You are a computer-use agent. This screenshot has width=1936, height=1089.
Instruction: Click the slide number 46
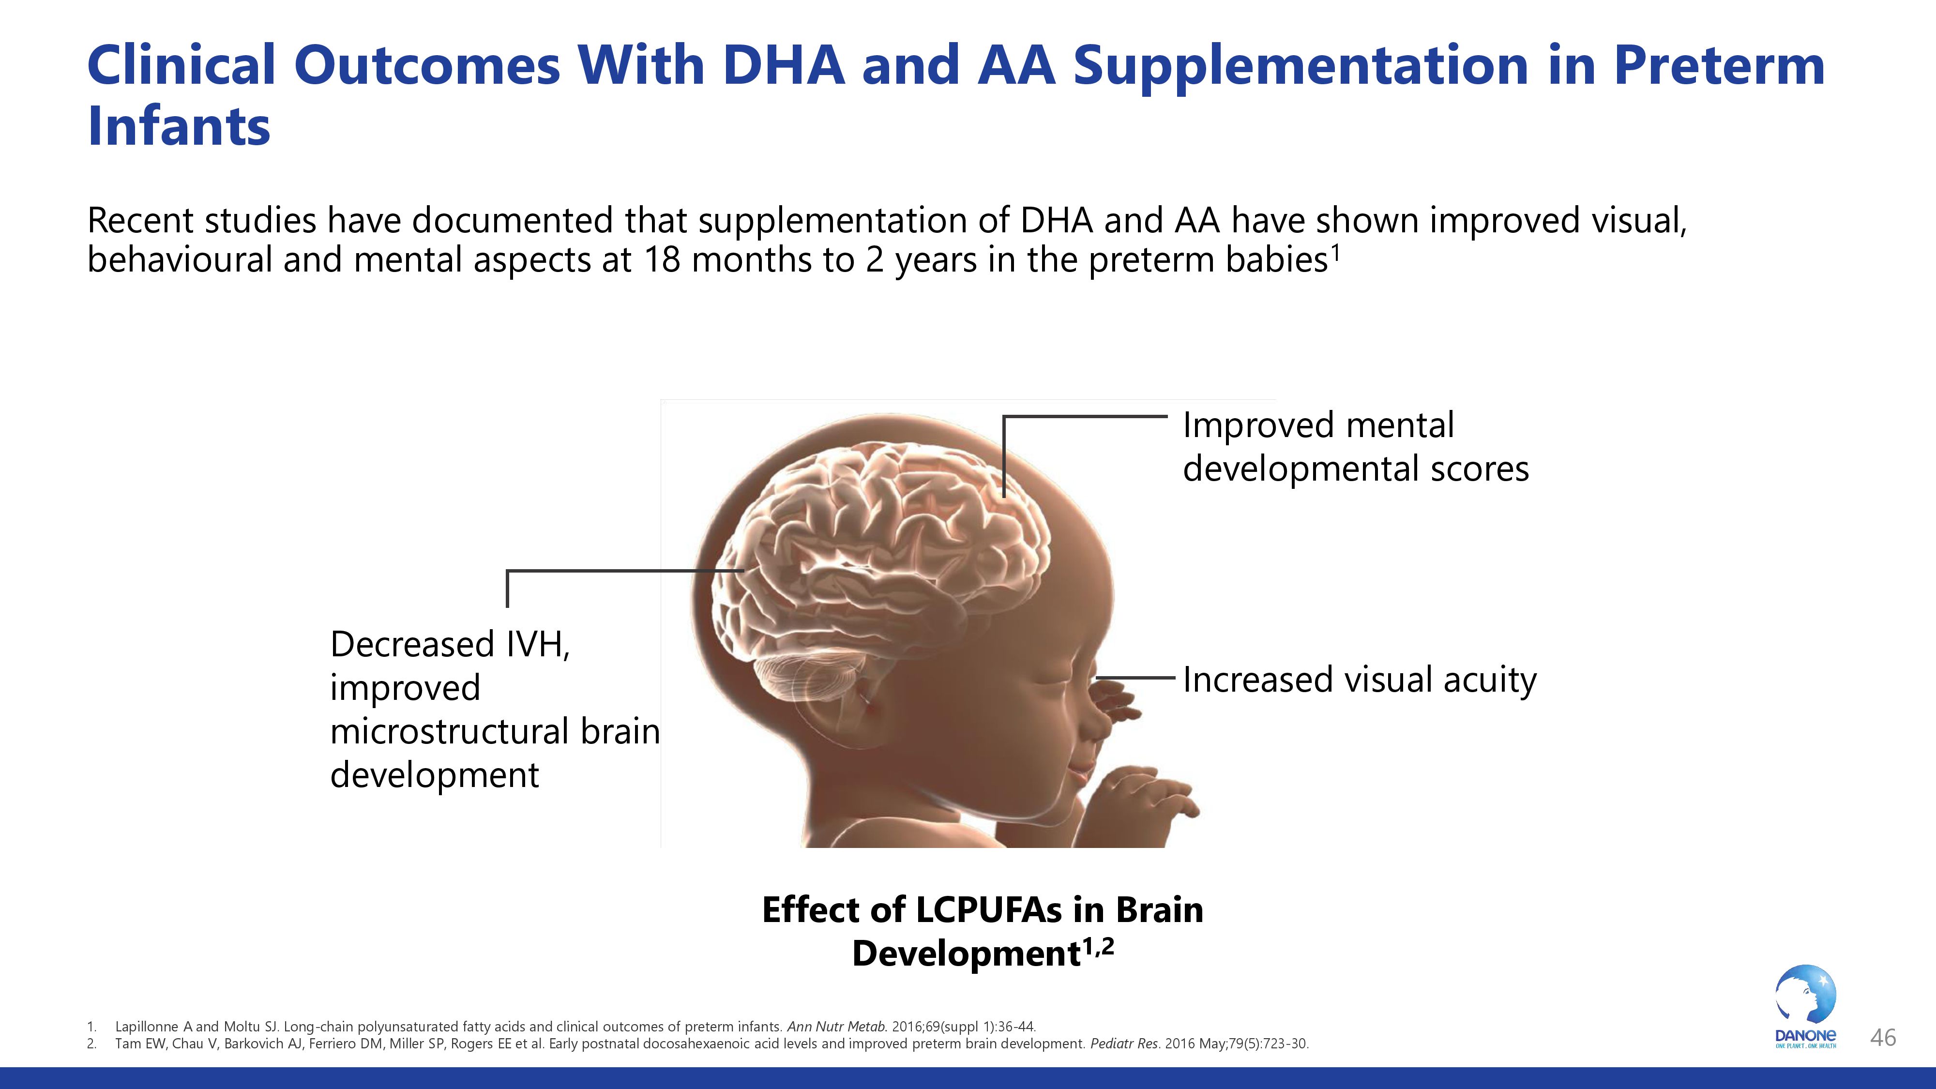click(1883, 1038)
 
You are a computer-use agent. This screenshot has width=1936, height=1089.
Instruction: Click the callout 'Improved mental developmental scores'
click(1356, 446)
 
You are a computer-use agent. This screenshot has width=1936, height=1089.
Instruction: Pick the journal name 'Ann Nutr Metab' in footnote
click(836, 1027)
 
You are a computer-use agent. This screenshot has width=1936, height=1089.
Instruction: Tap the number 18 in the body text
click(661, 260)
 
